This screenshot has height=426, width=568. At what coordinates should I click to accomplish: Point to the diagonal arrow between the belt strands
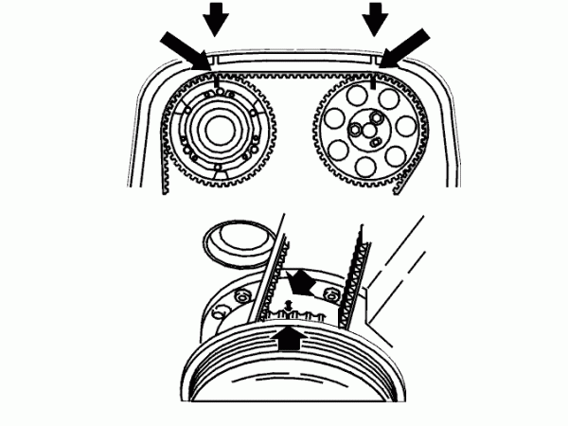tap(301, 280)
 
